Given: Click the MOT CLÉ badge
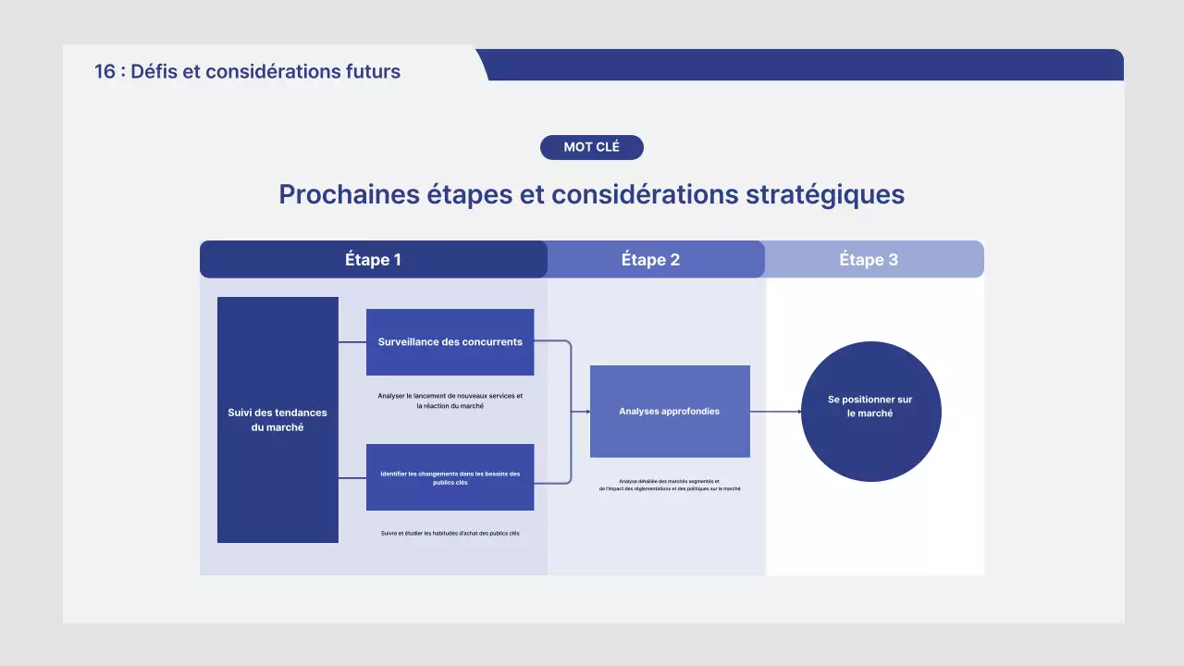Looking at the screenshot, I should (x=591, y=147).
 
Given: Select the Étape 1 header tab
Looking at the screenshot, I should (x=373, y=260).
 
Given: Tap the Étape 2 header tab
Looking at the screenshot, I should (x=650, y=260).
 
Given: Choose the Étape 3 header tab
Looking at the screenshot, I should (x=869, y=260).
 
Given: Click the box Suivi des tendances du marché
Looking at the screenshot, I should (x=277, y=420).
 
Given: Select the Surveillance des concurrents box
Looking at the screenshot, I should (x=450, y=342).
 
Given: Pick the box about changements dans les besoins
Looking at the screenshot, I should (x=450, y=477).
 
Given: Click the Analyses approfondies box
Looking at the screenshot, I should (x=669, y=412).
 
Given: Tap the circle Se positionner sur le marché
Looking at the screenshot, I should (x=870, y=412).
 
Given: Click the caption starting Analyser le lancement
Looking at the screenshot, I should (x=450, y=401).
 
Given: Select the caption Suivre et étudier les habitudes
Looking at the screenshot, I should (x=450, y=534).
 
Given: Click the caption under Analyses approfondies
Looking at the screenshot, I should (x=669, y=485).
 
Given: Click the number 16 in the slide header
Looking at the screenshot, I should (x=105, y=71).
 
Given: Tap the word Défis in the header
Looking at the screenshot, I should (x=154, y=71).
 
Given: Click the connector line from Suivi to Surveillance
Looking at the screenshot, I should (x=352, y=342).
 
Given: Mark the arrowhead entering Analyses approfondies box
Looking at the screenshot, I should (x=587, y=412).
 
